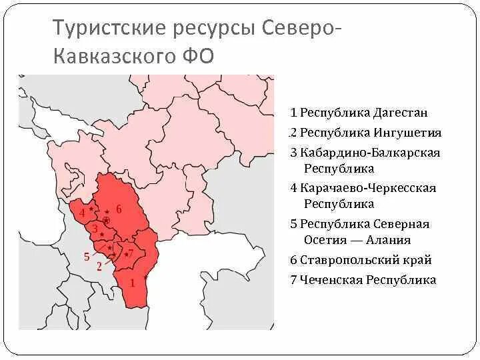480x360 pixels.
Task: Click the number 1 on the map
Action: (132, 283)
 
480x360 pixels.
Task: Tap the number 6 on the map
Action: (119, 209)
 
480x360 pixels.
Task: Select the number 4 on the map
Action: (82, 213)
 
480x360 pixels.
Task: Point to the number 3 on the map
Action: (95, 229)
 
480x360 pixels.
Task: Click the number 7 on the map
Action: (131, 253)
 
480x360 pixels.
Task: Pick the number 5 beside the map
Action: (86, 256)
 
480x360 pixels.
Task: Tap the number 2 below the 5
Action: (99, 267)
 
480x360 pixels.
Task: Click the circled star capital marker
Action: (106, 220)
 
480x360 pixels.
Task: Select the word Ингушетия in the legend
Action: (407, 133)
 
